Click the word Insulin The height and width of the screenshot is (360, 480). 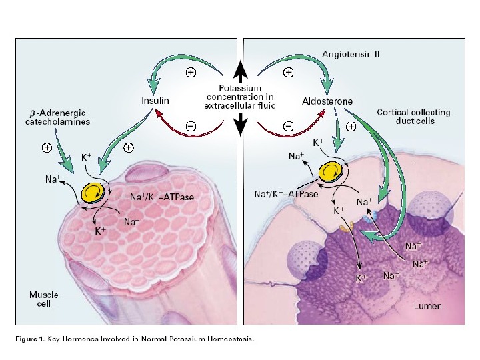[x=155, y=101]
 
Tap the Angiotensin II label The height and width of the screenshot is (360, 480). [x=351, y=53]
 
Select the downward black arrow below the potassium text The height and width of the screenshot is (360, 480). [x=240, y=123]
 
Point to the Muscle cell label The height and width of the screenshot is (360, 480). [x=43, y=299]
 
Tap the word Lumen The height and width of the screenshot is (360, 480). [x=427, y=306]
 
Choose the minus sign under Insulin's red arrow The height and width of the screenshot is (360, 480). [x=191, y=125]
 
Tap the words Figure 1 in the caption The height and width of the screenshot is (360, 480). [x=31, y=339]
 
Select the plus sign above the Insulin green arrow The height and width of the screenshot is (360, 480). [x=190, y=73]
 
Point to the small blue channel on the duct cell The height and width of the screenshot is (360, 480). [x=374, y=217]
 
